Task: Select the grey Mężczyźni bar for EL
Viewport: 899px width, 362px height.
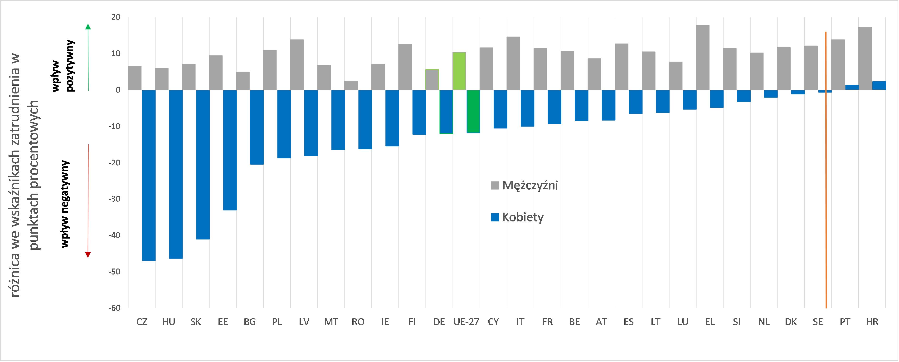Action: tap(703, 58)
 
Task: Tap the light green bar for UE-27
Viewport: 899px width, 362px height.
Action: tap(459, 71)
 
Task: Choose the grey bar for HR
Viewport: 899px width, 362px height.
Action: tap(865, 59)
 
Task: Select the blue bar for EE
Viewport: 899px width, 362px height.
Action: tap(230, 150)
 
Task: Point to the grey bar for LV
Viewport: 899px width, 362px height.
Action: tap(297, 65)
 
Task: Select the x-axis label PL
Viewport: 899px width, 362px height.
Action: tap(277, 322)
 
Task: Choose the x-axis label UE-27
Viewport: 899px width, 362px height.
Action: tap(466, 322)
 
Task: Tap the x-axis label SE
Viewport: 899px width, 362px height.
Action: tap(818, 322)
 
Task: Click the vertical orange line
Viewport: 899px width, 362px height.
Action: tap(826, 175)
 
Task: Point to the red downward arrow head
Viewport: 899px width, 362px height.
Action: tap(88, 255)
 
